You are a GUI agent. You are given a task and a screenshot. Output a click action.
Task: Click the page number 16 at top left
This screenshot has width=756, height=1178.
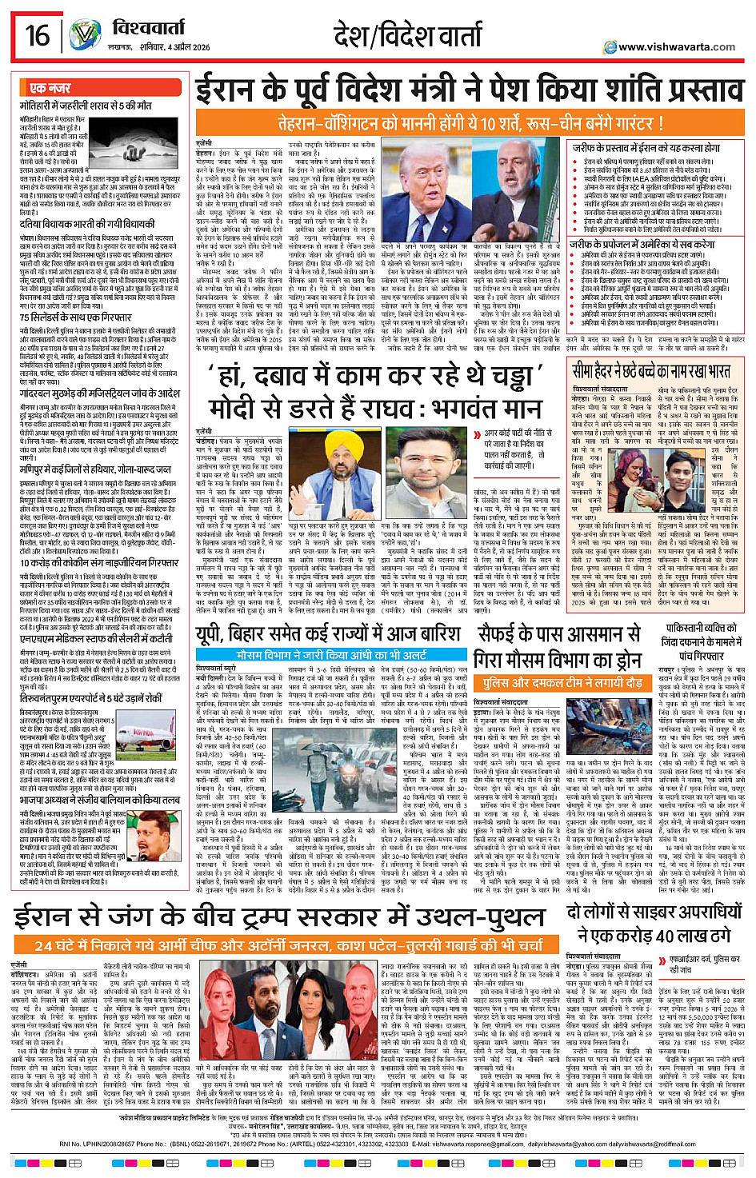click(x=37, y=35)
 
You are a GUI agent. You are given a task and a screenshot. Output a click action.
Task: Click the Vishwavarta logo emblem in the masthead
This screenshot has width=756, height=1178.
click(x=85, y=35)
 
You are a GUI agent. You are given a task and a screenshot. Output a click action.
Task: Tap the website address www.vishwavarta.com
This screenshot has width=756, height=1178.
click(x=676, y=47)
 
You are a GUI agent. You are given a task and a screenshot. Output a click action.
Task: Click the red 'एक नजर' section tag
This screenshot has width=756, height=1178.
click(x=50, y=88)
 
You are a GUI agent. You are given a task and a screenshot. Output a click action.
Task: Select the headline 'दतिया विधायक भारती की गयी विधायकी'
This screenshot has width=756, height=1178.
click(x=88, y=226)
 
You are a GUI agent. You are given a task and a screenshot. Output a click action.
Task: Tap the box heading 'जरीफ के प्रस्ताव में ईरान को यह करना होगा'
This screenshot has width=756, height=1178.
click(x=646, y=148)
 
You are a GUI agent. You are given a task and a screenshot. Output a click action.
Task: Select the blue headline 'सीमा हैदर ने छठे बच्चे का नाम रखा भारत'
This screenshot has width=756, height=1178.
click(x=650, y=371)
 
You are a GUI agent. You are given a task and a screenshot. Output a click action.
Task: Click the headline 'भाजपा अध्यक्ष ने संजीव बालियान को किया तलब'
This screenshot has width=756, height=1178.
click(x=99, y=799)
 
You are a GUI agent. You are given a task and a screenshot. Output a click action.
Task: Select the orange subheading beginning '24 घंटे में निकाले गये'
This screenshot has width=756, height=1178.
click(x=289, y=945)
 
